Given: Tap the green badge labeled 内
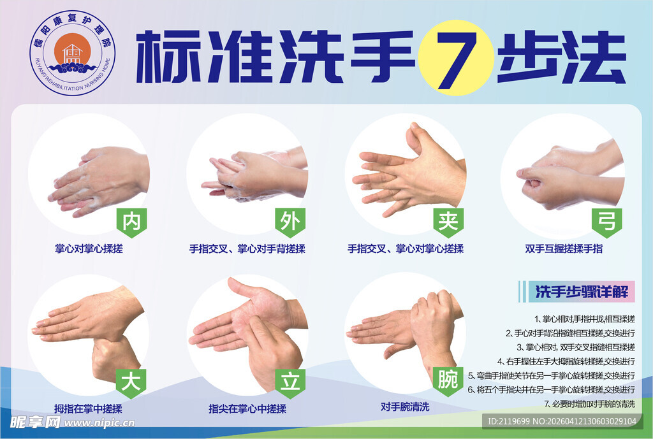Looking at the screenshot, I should point(131,221).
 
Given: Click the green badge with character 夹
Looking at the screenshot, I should point(448,221).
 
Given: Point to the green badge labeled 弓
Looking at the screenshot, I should point(606,221).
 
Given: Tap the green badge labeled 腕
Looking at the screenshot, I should point(448,380).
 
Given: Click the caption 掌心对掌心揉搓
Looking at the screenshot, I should point(89,249).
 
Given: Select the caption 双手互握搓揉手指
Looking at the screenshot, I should point(564,249).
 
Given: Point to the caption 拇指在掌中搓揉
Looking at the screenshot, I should point(89,408).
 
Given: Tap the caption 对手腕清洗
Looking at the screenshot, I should point(405,407).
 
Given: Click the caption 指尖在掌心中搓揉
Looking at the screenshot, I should point(247,408).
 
